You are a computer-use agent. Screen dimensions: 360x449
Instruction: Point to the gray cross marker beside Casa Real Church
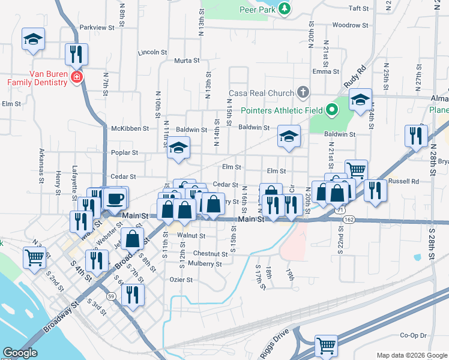tap(303, 93)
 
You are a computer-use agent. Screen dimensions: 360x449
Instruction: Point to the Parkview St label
tap(96, 28)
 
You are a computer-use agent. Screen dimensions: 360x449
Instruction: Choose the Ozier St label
tap(181, 280)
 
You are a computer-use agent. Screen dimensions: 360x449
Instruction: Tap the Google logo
tap(20, 353)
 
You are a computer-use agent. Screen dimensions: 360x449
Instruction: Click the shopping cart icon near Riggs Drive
tap(326, 344)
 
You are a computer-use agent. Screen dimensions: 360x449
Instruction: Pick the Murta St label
tap(187, 61)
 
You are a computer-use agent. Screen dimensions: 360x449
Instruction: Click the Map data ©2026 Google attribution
tap(411, 355)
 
